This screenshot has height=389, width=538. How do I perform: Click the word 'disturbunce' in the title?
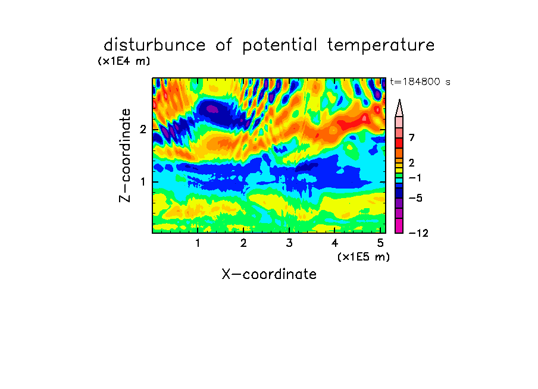pos(155,45)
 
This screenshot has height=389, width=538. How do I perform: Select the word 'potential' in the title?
pos(280,46)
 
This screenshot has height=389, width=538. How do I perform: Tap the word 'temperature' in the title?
pos(381,46)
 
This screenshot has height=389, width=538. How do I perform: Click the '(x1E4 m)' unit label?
pos(124,61)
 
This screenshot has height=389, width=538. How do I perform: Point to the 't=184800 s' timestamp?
pos(420,81)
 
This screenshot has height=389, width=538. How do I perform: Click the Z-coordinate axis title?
pos(125,155)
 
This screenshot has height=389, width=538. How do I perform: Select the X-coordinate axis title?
pos(270,274)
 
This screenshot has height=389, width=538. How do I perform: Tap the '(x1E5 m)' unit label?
pos(364,256)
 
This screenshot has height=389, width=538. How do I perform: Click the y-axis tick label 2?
pos(143,130)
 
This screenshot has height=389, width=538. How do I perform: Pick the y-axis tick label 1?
pos(143,181)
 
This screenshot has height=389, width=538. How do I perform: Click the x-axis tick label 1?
pos(198,243)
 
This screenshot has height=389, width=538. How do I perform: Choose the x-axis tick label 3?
pos(289,243)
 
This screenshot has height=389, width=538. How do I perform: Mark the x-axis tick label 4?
pos(335,243)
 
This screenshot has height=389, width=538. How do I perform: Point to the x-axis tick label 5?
pos(380,243)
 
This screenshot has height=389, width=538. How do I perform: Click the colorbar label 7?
pos(412,138)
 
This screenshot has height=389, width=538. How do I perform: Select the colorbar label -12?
pos(418,233)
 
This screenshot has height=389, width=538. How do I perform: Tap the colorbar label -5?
pos(415,198)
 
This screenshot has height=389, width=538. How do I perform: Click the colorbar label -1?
pos(415,178)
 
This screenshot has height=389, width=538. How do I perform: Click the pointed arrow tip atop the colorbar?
pos(399,100)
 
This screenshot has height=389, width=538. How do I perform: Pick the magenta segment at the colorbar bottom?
pos(399,225)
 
